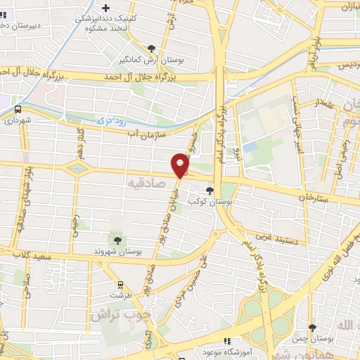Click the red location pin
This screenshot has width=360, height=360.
[x=181, y=165]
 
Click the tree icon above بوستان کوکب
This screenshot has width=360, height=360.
[x=209, y=190]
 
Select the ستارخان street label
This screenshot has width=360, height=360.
[x=313, y=198]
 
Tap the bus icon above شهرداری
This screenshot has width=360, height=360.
[x=18, y=109]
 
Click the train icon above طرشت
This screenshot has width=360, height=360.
[x=120, y=285]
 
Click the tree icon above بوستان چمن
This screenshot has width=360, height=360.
[x=313, y=328]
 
